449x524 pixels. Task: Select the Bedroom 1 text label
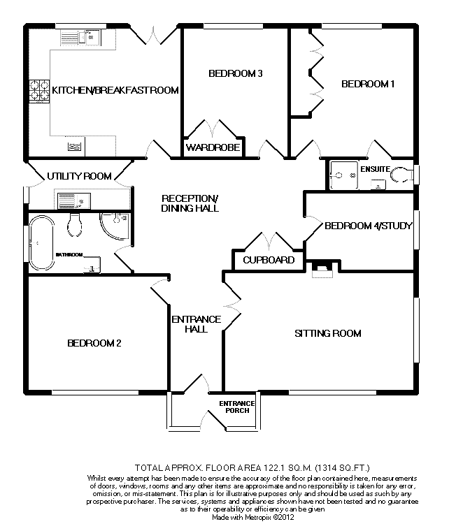coord(368,85)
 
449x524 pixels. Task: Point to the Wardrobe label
coord(213,148)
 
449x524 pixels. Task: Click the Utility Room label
coord(79,176)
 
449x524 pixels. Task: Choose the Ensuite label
coord(375,169)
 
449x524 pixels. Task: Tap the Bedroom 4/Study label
coord(368,226)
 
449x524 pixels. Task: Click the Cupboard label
coord(269,260)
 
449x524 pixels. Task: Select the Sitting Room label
coord(328,333)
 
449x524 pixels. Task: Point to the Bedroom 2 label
coord(95,343)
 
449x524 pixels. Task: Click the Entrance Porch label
coord(237,407)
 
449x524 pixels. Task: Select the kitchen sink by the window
coord(91,36)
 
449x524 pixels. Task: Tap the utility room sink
coord(71,201)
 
